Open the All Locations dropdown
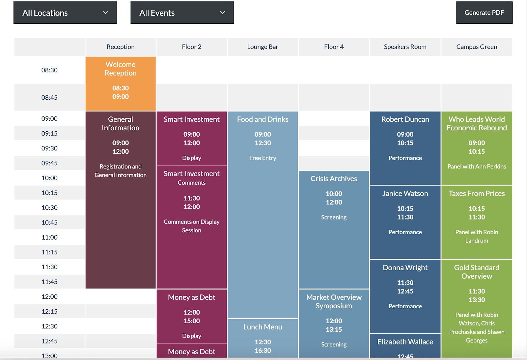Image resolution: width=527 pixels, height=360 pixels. (x=65, y=13)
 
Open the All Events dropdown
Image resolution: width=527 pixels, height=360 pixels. (x=182, y=13)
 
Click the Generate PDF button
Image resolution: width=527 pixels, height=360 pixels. (x=484, y=13)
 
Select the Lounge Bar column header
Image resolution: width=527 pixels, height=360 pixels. (x=263, y=47)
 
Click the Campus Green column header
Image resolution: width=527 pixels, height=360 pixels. (x=476, y=47)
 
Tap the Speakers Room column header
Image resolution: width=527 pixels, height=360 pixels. (x=405, y=47)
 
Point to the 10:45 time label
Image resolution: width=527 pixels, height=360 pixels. (x=49, y=222)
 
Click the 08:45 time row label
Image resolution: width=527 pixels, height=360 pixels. (x=49, y=97)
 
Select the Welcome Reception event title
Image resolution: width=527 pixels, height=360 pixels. (x=121, y=69)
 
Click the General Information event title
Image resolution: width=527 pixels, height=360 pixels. (x=121, y=123)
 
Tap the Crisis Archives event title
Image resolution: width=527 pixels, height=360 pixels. (x=334, y=179)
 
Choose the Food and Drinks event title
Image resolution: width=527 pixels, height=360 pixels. (x=263, y=119)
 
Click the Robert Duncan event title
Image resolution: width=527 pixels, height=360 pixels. (x=405, y=119)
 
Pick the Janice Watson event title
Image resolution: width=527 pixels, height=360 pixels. (x=405, y=193)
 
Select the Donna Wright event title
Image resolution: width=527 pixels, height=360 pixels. (x=405, y=268)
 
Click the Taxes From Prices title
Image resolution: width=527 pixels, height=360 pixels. (x=476, y=193)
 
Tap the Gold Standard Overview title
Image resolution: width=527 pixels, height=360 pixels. (x=476, y=272)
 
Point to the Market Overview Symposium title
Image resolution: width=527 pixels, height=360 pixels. (x=334, y=301)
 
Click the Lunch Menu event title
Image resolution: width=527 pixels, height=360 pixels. (x=263, y=327)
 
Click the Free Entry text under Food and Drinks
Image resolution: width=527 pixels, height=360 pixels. (x=263, y=158)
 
